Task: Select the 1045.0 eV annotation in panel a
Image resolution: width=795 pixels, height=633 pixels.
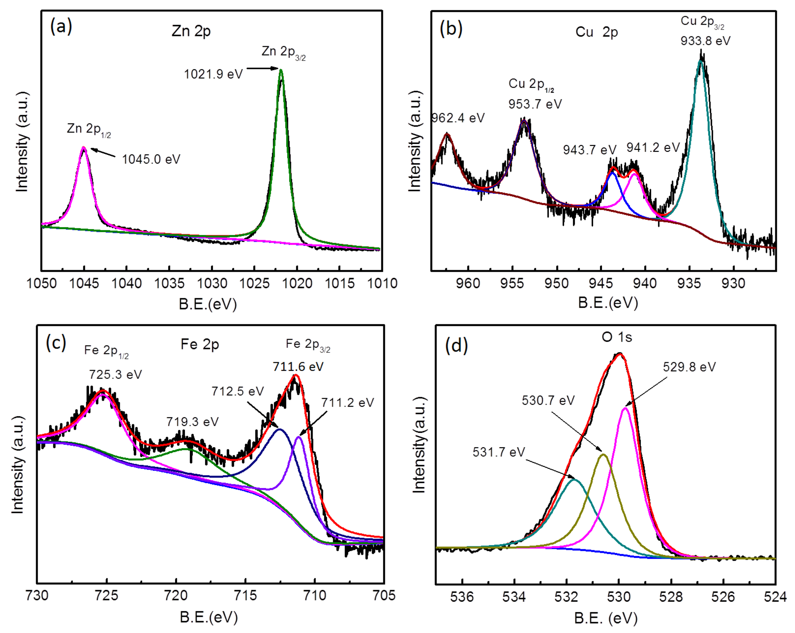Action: (x=151, y=159)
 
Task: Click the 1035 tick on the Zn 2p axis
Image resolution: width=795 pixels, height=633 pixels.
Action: (x=169, y=284)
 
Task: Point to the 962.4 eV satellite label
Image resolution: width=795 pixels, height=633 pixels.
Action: (x=458, y=118)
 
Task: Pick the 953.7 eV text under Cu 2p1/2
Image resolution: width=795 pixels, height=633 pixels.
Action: (x=535, y=104)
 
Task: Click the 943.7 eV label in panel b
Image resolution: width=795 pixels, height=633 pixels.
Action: (x=589, y=150)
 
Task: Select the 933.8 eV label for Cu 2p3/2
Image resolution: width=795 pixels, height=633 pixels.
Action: (x=705, y=41)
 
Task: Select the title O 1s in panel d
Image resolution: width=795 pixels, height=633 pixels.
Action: (x=617, y=337)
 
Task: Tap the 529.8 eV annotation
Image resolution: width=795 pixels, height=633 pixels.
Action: (x=689, y=367)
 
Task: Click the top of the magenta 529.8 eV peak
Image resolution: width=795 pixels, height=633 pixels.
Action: (x=625, y=408)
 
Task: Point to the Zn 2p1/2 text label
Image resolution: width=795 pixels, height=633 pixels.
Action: (x=88, y=129)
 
